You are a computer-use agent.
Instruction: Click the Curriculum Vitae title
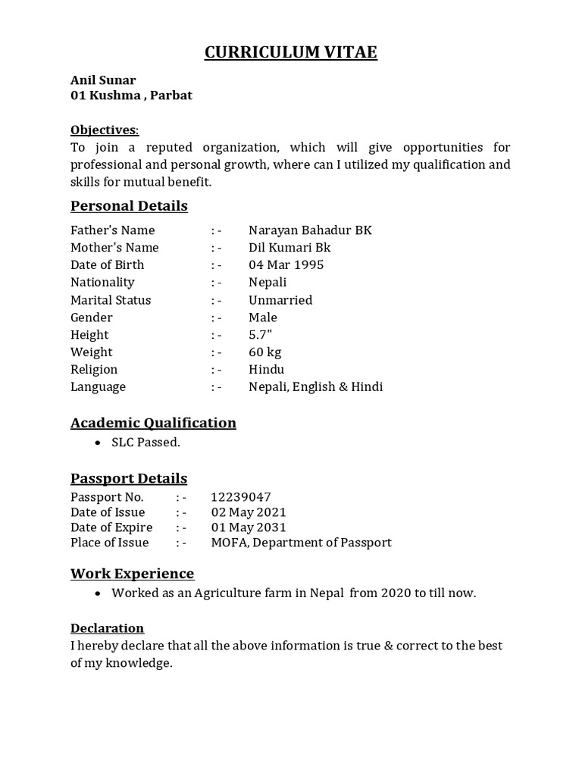291,52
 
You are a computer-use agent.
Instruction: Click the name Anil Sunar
103,80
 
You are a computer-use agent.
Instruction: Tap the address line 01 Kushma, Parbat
131,95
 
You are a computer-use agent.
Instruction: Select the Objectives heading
105,130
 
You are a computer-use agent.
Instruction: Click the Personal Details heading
129,206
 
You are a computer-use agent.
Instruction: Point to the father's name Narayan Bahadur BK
310,230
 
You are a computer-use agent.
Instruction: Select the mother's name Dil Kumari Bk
289,248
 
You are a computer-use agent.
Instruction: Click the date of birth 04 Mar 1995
286,265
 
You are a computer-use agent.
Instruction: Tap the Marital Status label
111,300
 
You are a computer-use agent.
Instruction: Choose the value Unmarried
280,300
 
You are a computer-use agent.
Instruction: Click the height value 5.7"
260,335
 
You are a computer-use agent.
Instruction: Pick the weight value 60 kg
265,352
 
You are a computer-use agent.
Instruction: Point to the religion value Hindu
266,370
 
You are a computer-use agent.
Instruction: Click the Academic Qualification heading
153,423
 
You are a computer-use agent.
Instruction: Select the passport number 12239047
241,497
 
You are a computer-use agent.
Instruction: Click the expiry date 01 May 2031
249,527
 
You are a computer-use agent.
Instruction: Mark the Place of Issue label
110,543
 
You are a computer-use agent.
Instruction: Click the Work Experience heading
133,574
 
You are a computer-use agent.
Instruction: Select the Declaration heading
107,628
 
